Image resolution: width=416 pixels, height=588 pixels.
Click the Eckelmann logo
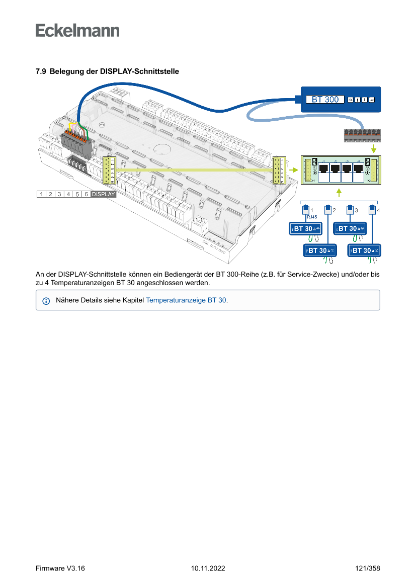coord(77,30)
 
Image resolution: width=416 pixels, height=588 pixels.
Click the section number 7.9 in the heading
coord(41,72)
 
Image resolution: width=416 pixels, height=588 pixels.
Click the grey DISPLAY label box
coord(103,194)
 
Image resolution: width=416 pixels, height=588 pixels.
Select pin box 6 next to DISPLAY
coord(87,194)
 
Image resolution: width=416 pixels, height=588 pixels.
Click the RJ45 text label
coord(311,217)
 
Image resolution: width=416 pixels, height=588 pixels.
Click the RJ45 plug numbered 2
coord(327,209)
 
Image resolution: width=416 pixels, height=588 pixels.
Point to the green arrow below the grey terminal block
coord(373,149)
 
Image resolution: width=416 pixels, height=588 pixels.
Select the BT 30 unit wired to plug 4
coord(364,250)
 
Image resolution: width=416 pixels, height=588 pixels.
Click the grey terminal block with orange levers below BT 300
coord(361,135)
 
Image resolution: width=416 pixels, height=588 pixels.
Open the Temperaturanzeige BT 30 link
coord(186,300)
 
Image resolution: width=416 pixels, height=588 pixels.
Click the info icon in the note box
coord(46,301)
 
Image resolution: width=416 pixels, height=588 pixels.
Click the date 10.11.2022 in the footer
coord(208,568)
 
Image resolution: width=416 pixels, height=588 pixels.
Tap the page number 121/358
coord(367,568)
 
